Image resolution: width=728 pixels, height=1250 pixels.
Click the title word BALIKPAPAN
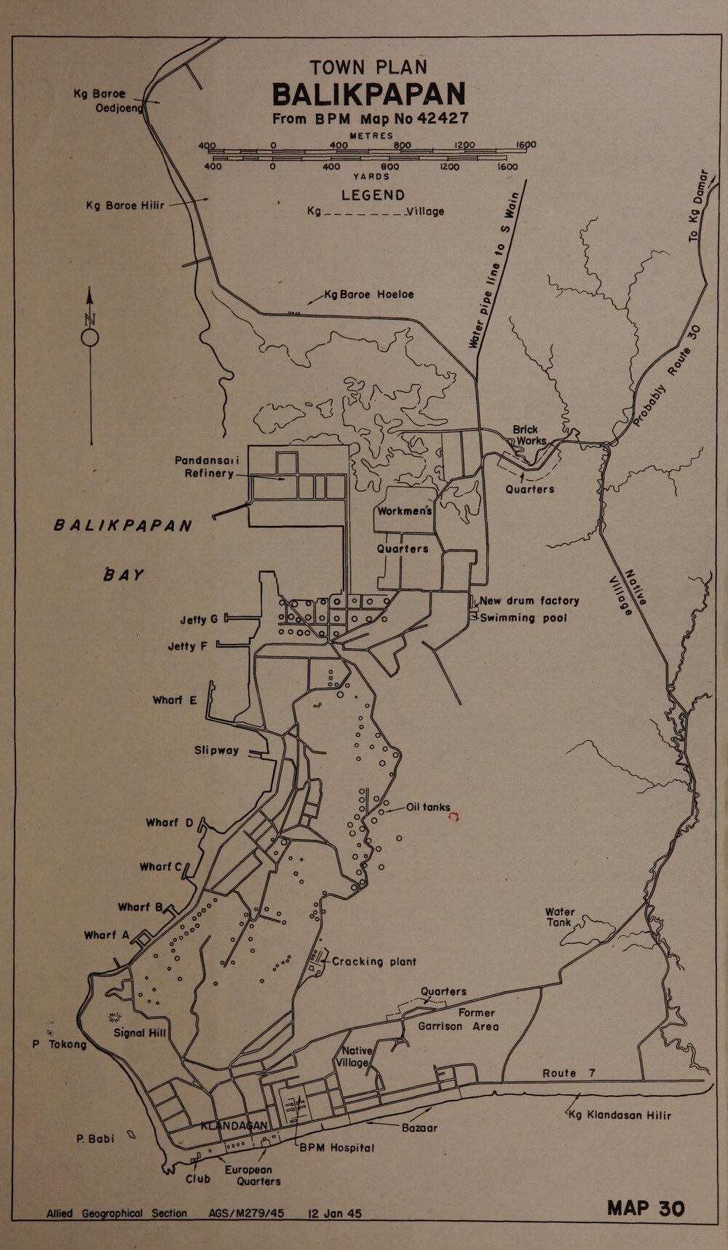pos(368,95)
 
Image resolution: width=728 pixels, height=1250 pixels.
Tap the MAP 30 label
pos(646,1207)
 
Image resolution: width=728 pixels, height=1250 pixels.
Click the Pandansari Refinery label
pos(207,467)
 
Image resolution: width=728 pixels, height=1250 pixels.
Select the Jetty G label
pos(199,620)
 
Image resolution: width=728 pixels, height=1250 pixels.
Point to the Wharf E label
pos(175,700)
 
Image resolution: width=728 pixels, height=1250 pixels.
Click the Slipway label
pos(216,750)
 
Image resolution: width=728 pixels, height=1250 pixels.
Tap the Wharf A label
pos(106,935)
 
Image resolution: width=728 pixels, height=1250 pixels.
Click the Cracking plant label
pos(374,962)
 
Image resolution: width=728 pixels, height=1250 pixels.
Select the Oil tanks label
pos(429,806)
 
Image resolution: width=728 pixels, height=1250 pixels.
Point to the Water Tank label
pos(560,916)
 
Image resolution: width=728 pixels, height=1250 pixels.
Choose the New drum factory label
pos(529,601)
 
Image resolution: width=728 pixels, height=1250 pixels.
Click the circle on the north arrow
pos(90,337)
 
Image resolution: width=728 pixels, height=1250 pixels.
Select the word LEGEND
pos(373,195)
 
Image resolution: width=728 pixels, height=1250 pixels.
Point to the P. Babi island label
pos(95,1139)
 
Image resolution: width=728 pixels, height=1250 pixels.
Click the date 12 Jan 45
pos(335,1214)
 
